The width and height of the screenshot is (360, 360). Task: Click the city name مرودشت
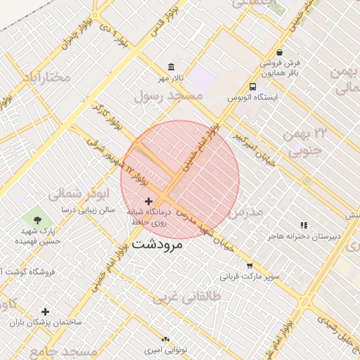[x=157, y=245]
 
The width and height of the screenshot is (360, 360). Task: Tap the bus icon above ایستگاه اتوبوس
[x=252, y=86]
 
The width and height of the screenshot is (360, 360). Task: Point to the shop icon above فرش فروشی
[x=280, y=52]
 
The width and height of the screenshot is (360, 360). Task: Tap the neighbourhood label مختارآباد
[x=46, y=77]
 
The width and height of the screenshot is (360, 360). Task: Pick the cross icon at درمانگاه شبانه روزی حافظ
[x=148, y=201]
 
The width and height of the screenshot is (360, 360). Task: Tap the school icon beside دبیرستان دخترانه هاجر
[x=304, y=225]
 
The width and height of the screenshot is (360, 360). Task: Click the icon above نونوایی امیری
[x=166, y=340]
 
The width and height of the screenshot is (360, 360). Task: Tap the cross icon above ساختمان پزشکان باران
[x=46, y=311]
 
